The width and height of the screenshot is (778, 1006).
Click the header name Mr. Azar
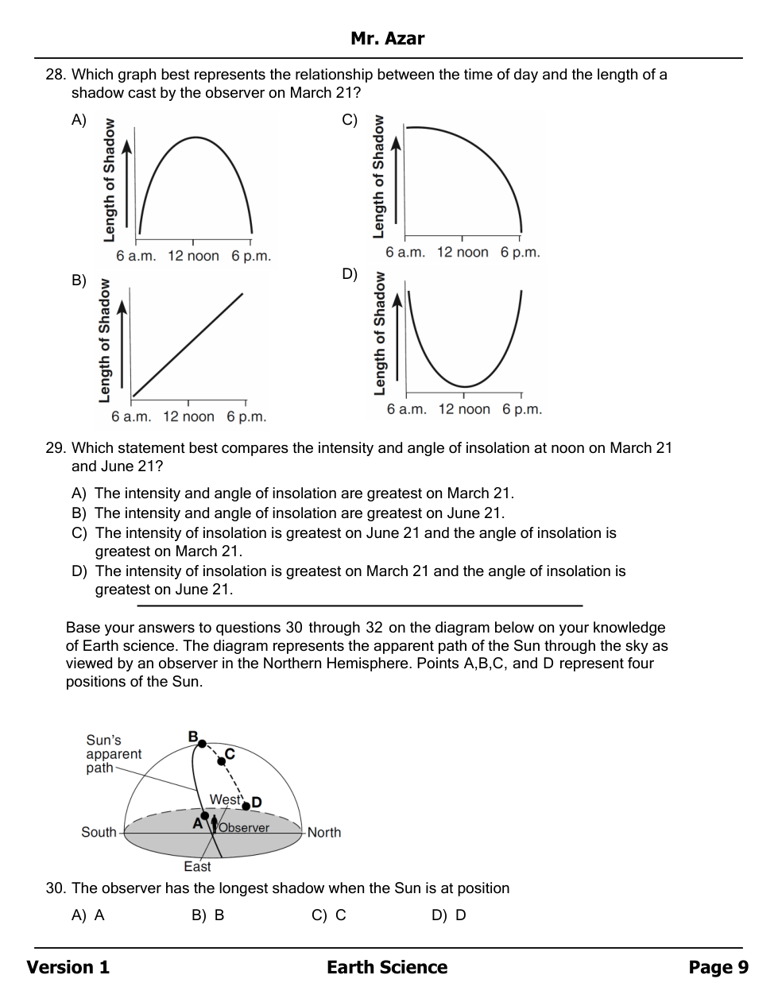pyautogui.click(x=387, y=38)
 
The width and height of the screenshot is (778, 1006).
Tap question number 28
pyautogui.click(x=55, y=75)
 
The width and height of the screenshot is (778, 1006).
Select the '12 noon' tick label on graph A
pyautogui.click(x=193, y=256)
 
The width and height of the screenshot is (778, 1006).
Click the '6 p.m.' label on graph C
pyautogui.click(x=520, y=252)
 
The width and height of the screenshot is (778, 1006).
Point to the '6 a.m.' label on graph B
pyautogui.click(x=130, y=416)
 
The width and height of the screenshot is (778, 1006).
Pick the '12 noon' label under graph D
pyautogui.click(x=464, y=409)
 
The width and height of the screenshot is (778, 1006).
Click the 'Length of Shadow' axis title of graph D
pyautogui.click(x=379, y=334)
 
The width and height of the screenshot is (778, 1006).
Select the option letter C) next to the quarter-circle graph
pyautogui.click(x=350, y=120)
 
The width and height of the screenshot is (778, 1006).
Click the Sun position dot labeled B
pyautogui.click(x=202, y=744)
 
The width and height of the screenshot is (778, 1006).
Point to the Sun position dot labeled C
pyautogui.click(x=222, y=761)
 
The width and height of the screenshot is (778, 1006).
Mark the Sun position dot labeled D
pyautogui.click(x=246, y=805)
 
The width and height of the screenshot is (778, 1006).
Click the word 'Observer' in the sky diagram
pyautogui.click(x=244, y=827)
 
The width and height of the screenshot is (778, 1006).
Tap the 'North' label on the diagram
pyautogui.click(x=324, y=832)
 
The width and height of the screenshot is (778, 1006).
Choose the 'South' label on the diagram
pyautogui.click(x=99, y=832)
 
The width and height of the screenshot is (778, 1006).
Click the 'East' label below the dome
pyautogui.click(x=197, y=866)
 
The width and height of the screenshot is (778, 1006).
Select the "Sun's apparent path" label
pyautogui.click(x=113, y=753)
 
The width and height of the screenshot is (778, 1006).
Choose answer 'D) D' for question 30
pyautogui.click(x=449, y=915)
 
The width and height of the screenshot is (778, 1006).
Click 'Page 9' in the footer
pyautogui.click(x=718, y=967)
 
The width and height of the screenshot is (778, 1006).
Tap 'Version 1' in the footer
pyautogui.click(x=68, y=967)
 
